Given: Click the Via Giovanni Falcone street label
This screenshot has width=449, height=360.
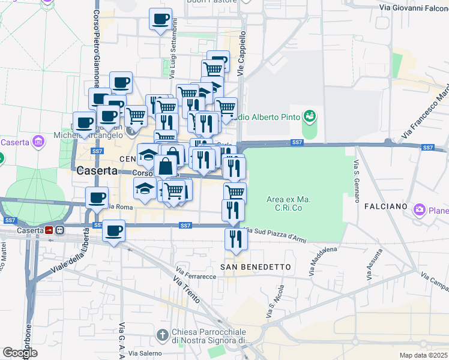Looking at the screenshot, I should (x=414, y=8).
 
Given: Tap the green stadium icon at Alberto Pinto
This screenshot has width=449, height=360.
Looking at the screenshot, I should (x=310, y=115).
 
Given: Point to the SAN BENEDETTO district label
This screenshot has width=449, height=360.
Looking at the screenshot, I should (x=256, y=266).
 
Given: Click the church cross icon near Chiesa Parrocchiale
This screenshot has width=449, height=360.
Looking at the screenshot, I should (x=161, y=334).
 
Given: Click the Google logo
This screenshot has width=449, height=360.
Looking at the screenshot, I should (x=20, y=353).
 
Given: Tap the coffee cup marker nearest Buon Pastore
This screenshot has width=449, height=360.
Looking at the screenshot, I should (x=160, y=20).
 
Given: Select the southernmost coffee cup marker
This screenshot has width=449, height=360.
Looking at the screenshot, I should (x=113, y=231).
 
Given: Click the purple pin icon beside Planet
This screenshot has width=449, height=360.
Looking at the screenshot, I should (x=419, y=210).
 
